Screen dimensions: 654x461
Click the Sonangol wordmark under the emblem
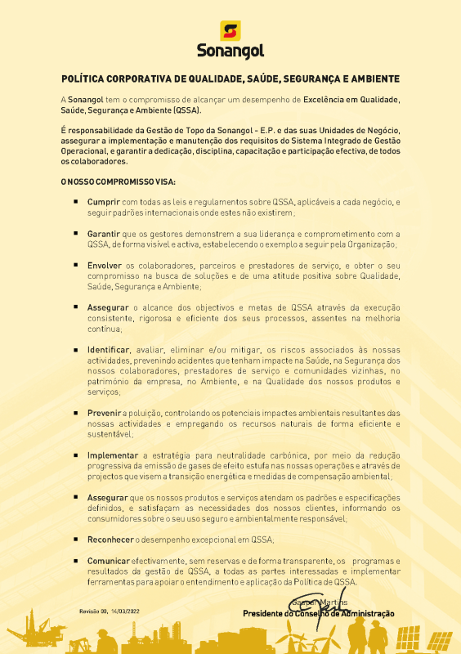[x=230, y=52]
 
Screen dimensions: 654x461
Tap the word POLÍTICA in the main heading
[x=87, y=79]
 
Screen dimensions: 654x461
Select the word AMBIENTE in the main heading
[x=373, y=79]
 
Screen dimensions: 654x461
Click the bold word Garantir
[x=105, y=233]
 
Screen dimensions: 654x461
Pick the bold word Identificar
[x=108, y=350]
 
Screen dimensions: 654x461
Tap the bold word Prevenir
[x=104, y=414]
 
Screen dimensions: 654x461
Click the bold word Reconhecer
[x=110, y=540]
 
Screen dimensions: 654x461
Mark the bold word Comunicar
[x=109, y=562]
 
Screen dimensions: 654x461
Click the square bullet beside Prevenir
[x=76, y=414]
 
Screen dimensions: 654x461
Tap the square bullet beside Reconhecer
[x=76, y=540]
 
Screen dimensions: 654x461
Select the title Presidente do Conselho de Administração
[x=318, y=613]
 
